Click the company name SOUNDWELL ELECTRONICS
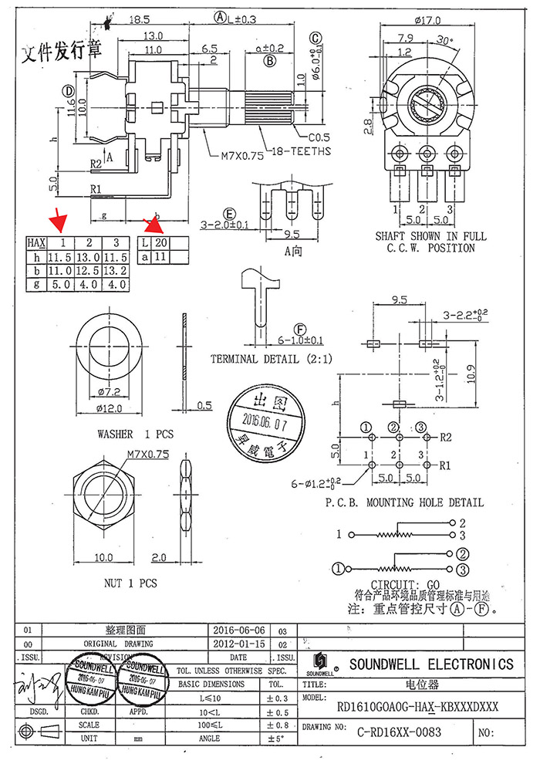(x=430, y=664)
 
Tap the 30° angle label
(x=445, y=40)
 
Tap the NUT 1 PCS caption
(x=130, y=583)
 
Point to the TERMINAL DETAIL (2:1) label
(x=266, y=360)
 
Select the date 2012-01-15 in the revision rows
(x=238, y=644)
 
